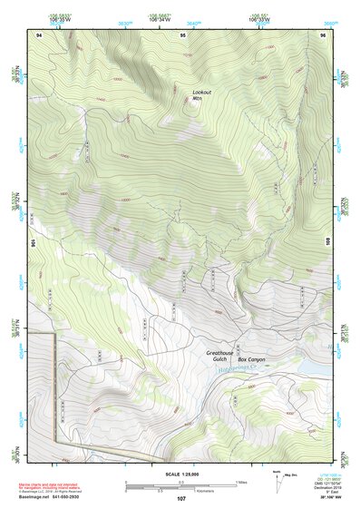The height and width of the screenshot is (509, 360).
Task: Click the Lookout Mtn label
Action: pos(202,95)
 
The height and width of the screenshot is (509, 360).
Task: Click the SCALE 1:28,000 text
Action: pos(180,475)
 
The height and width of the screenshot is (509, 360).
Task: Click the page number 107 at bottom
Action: pos(180,498)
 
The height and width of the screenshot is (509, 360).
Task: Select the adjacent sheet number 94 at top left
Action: pos(39,34)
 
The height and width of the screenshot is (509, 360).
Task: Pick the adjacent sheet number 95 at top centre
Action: pos(182,34)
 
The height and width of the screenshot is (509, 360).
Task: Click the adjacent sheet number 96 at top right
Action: pos(323,34)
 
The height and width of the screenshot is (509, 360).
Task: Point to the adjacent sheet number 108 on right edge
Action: pos(328,242)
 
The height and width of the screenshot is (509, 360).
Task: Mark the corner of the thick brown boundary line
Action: pos(55,335)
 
